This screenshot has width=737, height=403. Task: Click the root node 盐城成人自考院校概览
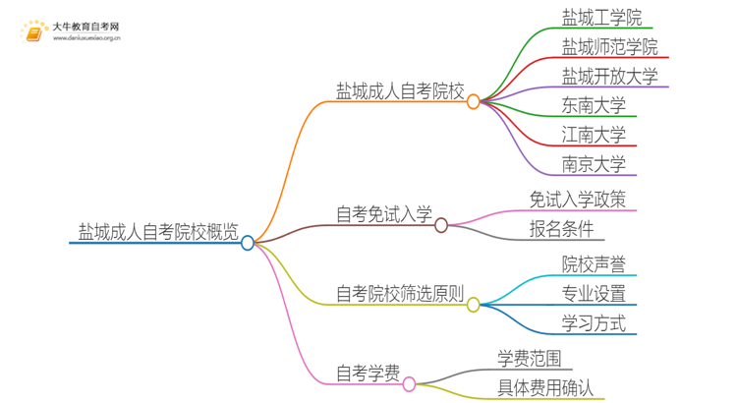click(157, 232)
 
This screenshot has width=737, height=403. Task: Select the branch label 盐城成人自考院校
click(400, 91)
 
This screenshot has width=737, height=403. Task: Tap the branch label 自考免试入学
click(383, 215)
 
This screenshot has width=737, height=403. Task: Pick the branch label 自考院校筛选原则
click(400, 294)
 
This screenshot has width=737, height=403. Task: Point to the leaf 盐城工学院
click(601, 17)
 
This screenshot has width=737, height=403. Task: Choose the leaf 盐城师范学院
click(609, 46)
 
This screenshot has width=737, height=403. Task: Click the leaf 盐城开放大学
click(609, 76)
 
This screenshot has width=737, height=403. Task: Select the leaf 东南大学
click(594, 105)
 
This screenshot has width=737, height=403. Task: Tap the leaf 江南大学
click(594, 135)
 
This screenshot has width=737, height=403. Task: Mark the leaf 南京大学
click(594, 164)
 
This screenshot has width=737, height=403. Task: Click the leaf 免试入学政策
click(577, 200)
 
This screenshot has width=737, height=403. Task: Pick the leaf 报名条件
click(561, 230)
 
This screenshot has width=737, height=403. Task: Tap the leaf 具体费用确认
click(545, 387)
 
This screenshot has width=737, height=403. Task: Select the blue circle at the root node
click(248, 243)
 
